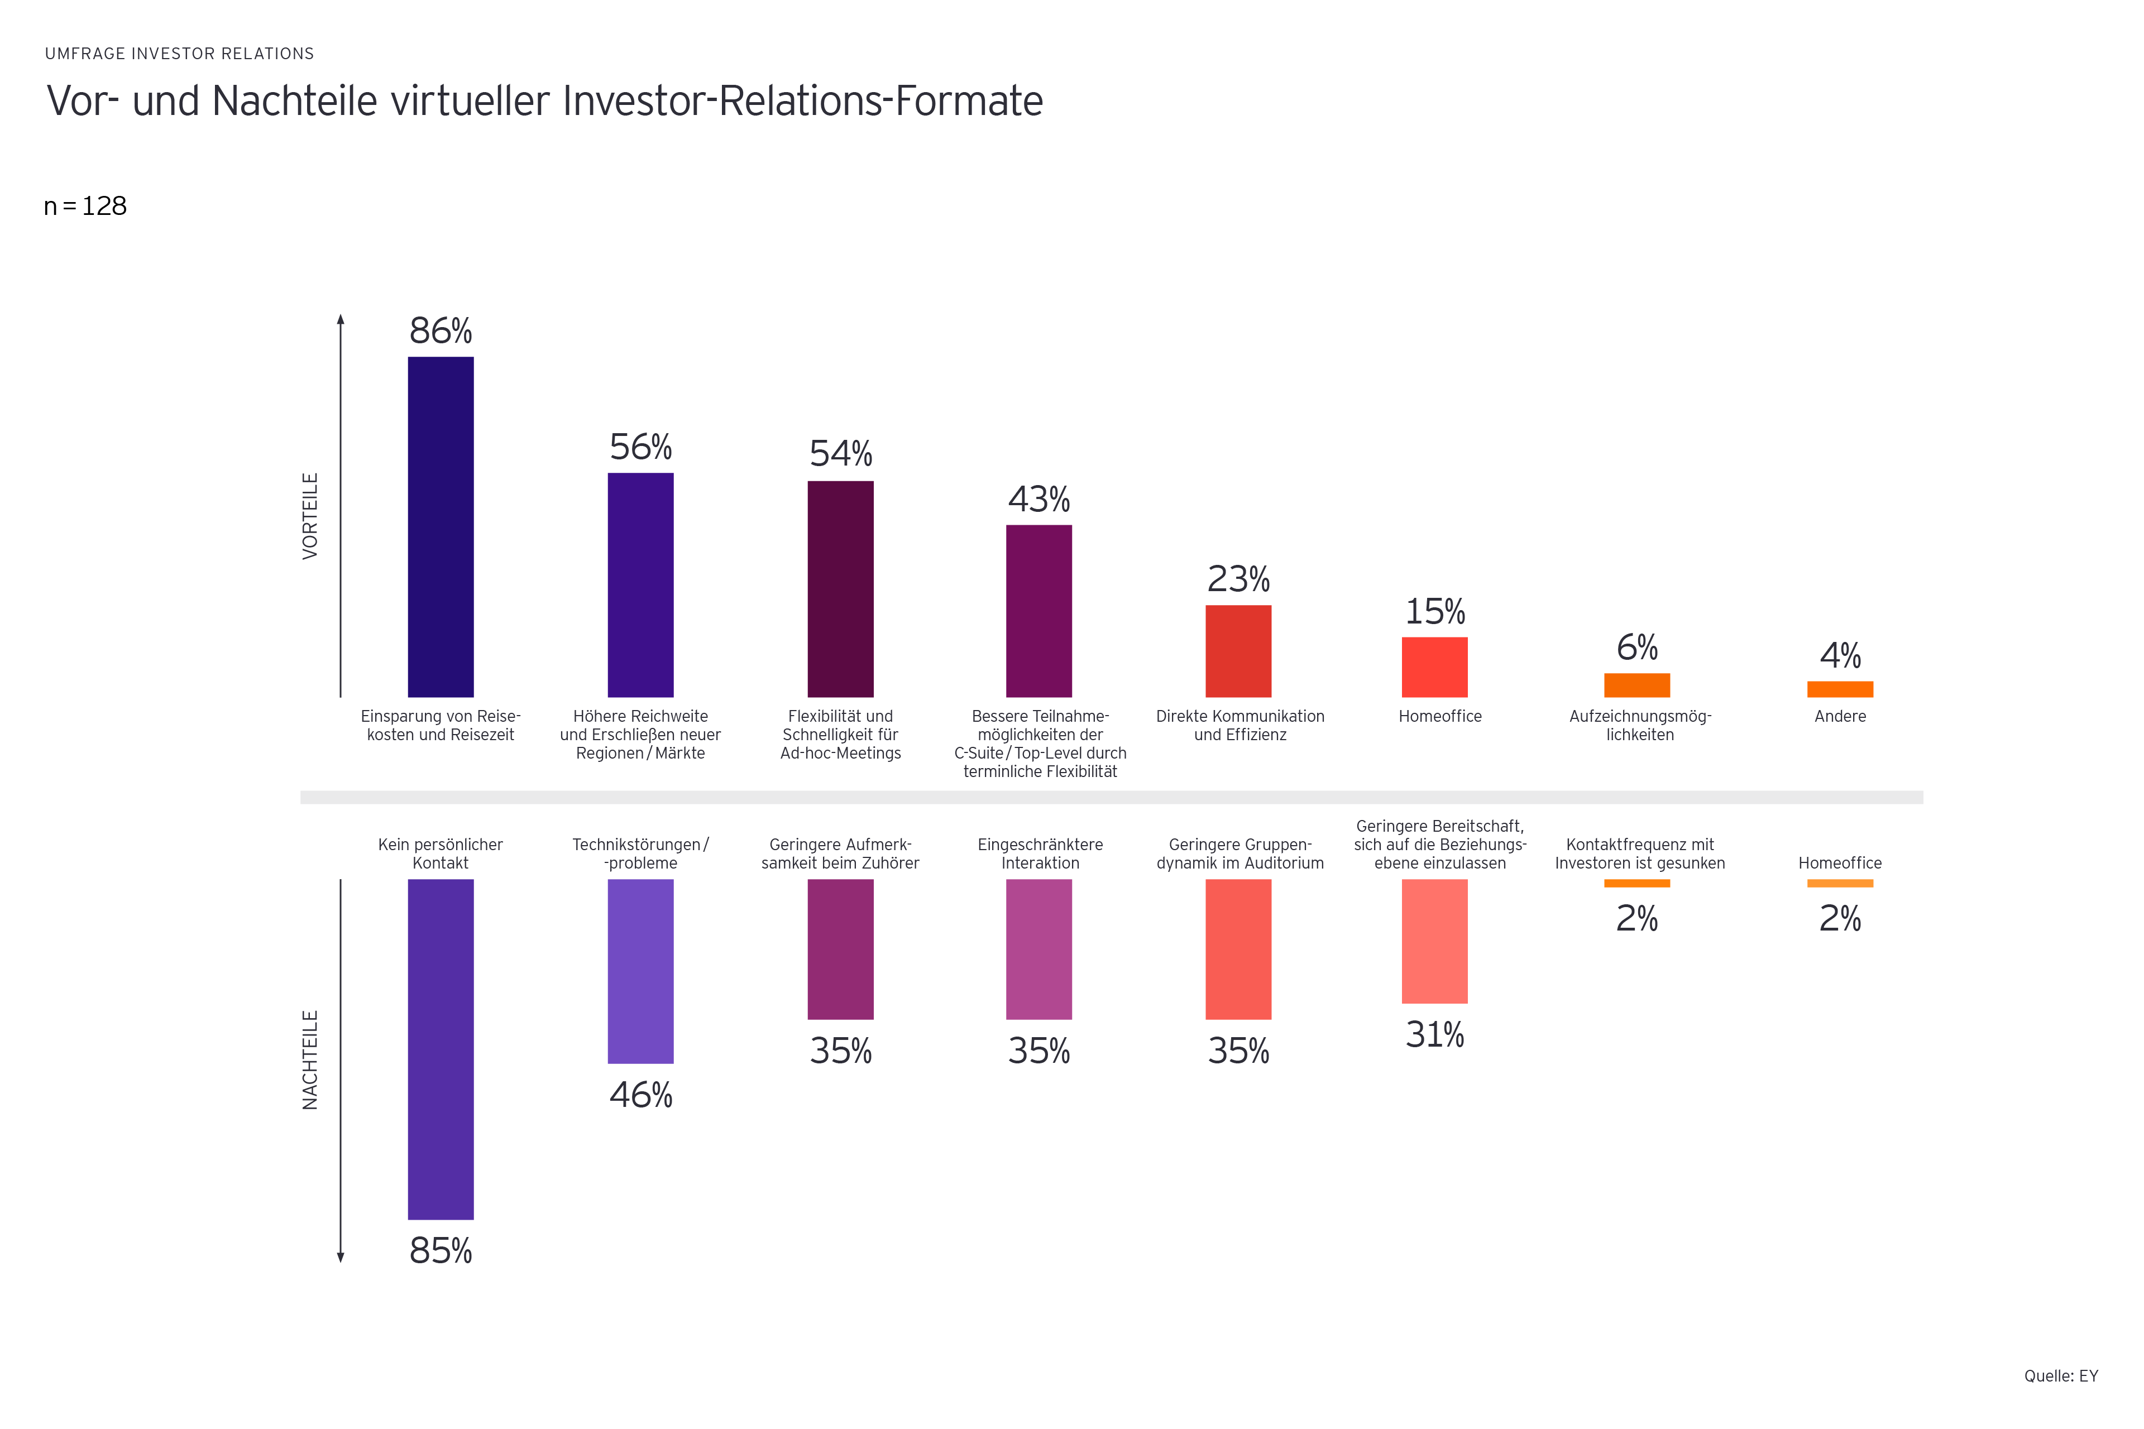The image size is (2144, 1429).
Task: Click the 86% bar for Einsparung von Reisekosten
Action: coord(441,527)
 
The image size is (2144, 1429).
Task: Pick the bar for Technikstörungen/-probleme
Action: coord(641,971)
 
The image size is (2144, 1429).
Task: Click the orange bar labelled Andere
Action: coord(1840,689)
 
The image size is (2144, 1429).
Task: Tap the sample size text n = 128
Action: coord(85,206)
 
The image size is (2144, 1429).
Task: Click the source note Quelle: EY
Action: coord(2060,1376)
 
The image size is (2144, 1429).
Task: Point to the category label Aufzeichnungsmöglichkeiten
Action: coord(1640,726)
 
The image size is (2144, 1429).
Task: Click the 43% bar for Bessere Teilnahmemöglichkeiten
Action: coord(1038,611)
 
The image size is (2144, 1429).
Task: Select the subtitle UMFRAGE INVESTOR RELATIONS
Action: coord(180,54)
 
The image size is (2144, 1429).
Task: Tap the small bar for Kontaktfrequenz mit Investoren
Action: coord(1637,883)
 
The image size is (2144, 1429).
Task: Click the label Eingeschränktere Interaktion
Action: coord(1040,854)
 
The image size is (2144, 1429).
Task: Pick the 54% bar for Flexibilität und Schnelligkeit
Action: coord(840,589)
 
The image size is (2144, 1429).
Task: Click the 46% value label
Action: coord(641,1095)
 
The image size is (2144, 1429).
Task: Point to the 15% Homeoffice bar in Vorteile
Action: coord(1435,667)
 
